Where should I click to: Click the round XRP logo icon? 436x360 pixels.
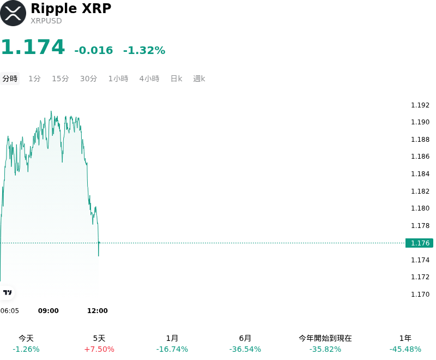pyautogui.click(x=13, y=13)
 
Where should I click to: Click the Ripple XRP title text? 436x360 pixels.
pyautogui.click(x=71, y=8)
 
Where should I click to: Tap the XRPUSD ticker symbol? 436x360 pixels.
pyautogui.click(x=46, y=21)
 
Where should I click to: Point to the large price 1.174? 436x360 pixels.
pyautogui.click(x=33, y=47)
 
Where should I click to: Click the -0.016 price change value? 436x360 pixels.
pyautogui.click(x=94, y=50)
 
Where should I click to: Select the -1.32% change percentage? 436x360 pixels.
pyautogui.click(x=144, y=50)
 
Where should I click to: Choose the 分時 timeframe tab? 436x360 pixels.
pyautogui.click(x=10, y=79)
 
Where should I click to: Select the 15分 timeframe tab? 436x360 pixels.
pyautogui.click(x=60, y=79)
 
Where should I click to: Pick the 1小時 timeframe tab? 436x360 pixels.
pyautogui.click(x=118, y=79)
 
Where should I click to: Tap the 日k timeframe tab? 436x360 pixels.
pyautogui.click(x=176, y=79)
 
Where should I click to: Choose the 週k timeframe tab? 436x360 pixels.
pyautogui.click(x=199, y=79)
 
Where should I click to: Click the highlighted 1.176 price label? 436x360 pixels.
pyautogui.click(x=419, y=243)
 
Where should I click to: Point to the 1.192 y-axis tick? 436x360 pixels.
pyautogui.click(x=420, y=105)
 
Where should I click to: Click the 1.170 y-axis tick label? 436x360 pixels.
pyautogui.click(x=420, y=294)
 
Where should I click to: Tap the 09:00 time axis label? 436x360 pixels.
pyautogui.click(x=49, y=311)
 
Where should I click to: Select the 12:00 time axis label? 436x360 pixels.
pyautogui.click(x=98, y=311)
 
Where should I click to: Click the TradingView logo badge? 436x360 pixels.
pyautogui.click(x=7, y=292)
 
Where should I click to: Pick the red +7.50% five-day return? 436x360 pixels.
pyautogui.click(x=99, y=349)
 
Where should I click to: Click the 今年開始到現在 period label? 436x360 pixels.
pyautogui.click(x=325, y=338)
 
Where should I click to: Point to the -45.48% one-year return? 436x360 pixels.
pyautogui.click(x=405, y=349)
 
